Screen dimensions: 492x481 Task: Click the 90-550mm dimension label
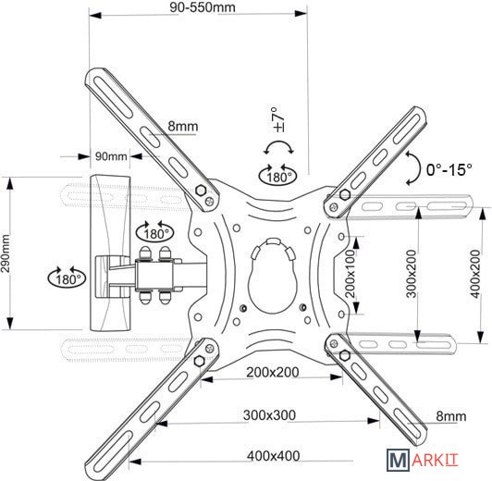point(203,7)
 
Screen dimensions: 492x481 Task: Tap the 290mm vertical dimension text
point(6,253)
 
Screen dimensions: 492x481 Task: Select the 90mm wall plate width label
point(111,156)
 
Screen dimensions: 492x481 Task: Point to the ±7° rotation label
point(279,119)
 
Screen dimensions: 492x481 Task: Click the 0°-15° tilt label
point(449,170)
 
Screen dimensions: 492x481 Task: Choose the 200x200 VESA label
point(272,373)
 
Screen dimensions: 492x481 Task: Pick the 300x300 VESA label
point(269,415)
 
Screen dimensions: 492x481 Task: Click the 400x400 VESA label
point(274,456)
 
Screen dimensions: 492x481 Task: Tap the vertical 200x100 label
point(350,274)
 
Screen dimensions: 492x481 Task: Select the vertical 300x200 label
point(412,274)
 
